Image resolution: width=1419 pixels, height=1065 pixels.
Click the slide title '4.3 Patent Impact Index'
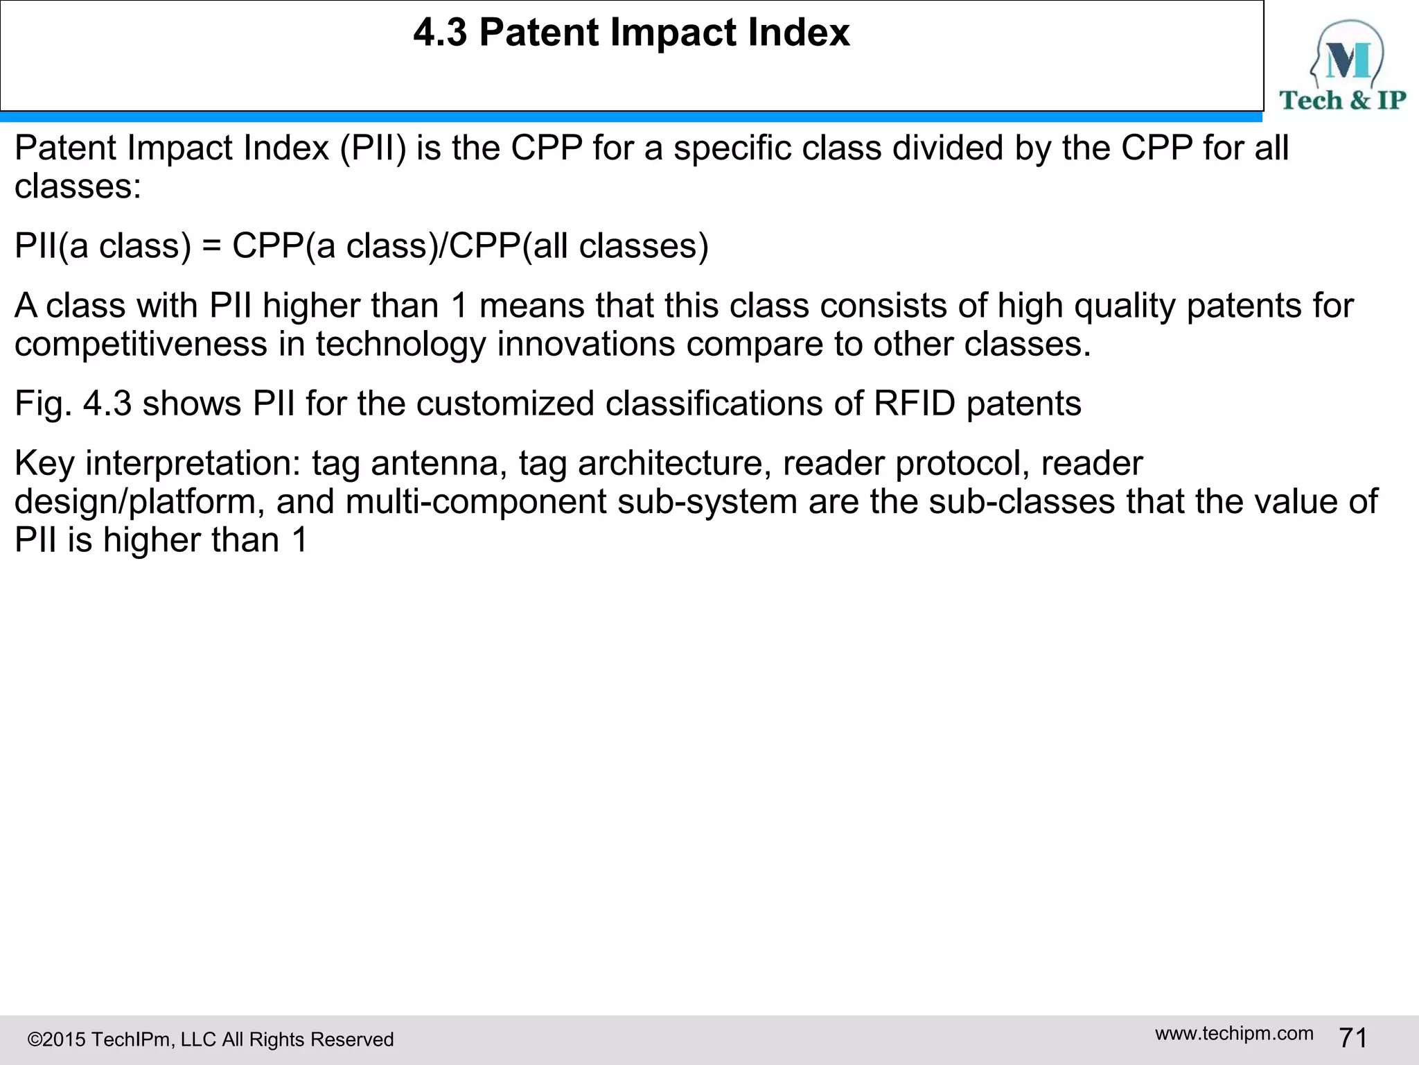click(x=631, y=33)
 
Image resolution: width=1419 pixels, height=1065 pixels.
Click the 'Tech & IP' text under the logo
click(x=1343, y=101)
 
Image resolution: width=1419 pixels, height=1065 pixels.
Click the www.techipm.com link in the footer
click(x=1234, y=1033)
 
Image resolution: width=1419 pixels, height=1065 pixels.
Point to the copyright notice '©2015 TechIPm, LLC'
click(x=211, y=1039)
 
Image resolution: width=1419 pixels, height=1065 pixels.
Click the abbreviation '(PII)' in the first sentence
click(x=373, y=148)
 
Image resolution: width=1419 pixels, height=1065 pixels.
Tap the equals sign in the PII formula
click(x=211, y=246)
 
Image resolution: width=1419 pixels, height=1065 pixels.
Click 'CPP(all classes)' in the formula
click(x=579, y=246)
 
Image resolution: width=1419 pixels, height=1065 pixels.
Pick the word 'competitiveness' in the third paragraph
click(x=141, y=344)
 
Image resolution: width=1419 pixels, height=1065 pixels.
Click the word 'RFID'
click(x=915, y=404)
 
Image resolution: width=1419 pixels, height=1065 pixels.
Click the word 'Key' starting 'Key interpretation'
click(x=44, y=463)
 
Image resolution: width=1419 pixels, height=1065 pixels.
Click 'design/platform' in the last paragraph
click(x=139, y=502)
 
